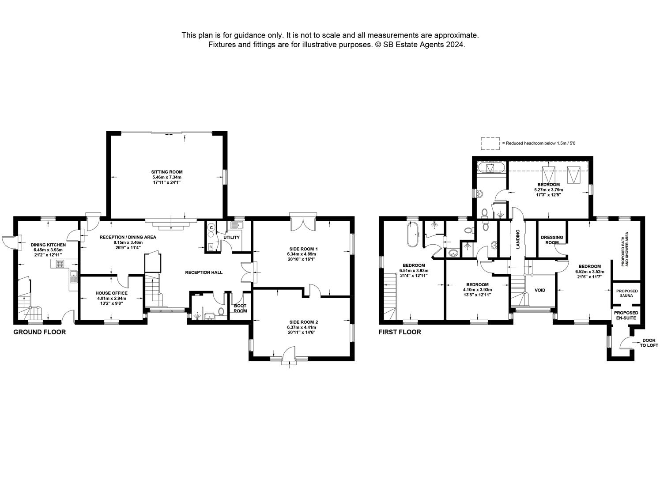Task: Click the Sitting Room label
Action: [167, 172]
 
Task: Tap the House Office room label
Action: [112, 293]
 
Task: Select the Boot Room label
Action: [241, 308]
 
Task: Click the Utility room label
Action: [231, 237]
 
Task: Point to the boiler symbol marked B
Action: [211, 246]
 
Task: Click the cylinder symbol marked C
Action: [211, 227]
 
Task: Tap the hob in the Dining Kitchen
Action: [60, 264]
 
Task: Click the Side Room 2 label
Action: [303, 322]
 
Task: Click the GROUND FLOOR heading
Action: [39, 332]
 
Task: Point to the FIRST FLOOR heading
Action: [400, 332]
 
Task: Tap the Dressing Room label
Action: [552, 240]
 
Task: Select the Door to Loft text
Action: [649, 343]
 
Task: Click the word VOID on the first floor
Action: [539, 290]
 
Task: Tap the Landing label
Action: [518, 239]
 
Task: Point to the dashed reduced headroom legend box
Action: [490, 143]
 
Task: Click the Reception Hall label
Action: [204, 273]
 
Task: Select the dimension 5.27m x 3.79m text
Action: [548, 190]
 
